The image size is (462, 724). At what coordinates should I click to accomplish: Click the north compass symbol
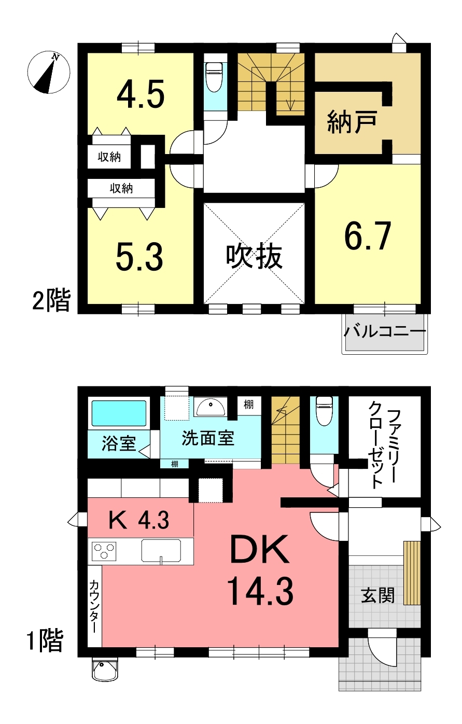(48, 72)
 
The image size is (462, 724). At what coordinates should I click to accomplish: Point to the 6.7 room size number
(368, 236)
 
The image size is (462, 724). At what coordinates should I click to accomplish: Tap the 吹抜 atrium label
(254, 257)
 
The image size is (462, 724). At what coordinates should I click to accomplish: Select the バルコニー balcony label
(384, 331)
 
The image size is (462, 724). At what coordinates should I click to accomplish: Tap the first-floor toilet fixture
(324, 411)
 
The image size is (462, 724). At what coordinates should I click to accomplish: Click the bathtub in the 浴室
(119, 413)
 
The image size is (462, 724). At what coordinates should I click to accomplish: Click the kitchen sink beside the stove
(161, 550)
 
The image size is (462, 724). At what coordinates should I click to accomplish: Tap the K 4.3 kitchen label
(138, 520)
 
